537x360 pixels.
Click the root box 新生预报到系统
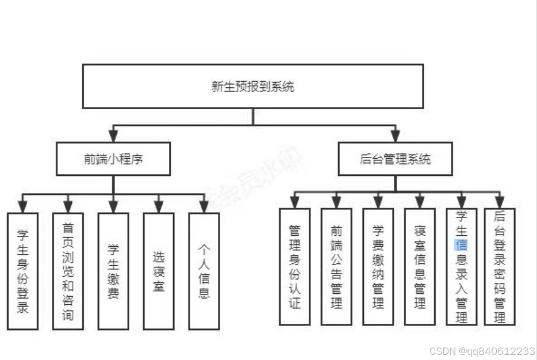point(252,86)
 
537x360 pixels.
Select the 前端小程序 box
point(113,159)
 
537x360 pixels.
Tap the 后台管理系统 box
point(395,159)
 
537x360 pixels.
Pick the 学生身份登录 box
point(23,271)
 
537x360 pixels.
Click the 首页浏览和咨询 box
point(68,271)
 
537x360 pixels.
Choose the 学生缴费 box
point(113,271)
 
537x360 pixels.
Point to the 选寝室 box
point(159,271)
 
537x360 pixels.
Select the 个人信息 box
point(204,271)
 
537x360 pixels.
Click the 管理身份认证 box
point(294,266)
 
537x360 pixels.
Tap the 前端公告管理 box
point(336,266)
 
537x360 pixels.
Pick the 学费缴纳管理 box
point(378,266)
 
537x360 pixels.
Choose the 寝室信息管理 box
point(420,266)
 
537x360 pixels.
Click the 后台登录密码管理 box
point(499,266)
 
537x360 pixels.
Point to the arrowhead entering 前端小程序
point(113,136)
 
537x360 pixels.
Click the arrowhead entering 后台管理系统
point(395,136)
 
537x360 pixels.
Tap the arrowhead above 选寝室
point(159,206)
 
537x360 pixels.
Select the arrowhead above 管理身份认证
point(294,201)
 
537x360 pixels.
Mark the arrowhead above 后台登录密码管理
point(499,201)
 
